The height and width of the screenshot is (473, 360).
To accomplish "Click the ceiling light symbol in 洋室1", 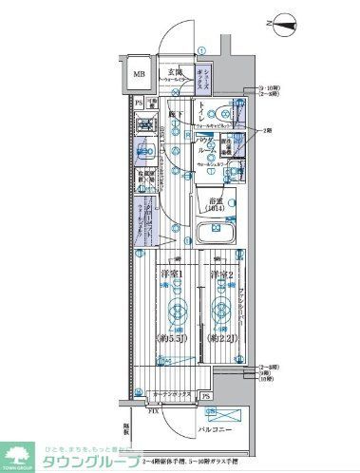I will (177, 308).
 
